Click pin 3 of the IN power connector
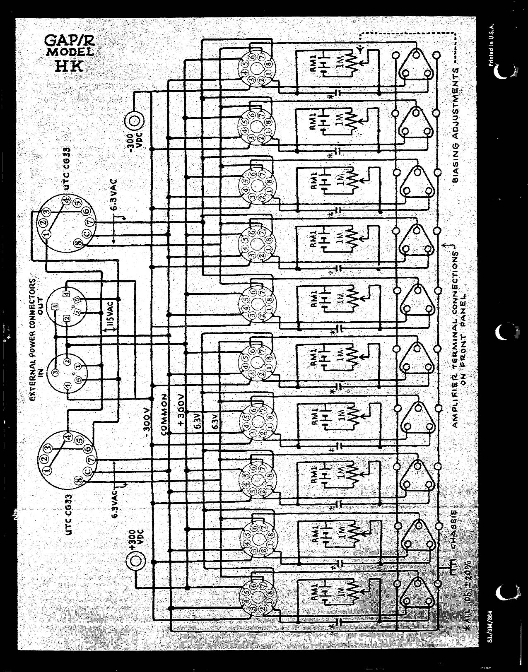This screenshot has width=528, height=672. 55,373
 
